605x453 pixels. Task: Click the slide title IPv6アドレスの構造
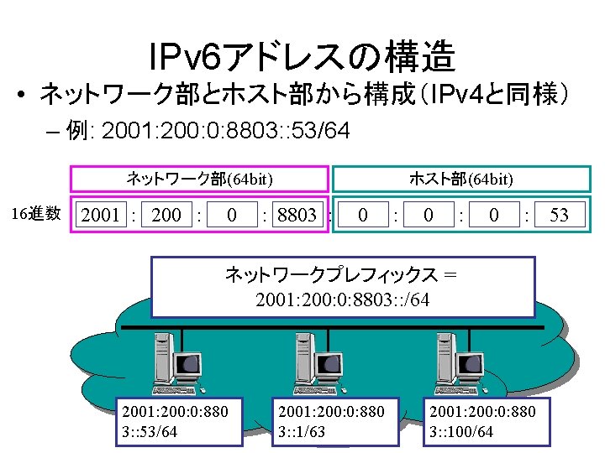click(302, 57)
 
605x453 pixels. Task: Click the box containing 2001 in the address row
click(100, 216)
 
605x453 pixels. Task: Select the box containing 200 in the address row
click(166, 216)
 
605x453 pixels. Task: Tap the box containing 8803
click(297, 216)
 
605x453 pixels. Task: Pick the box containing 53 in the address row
click(559, 216)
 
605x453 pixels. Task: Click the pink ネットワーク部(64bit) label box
click(199, 179)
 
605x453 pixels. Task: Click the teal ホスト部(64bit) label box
click(461, 179)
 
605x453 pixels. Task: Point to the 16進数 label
click(37, 214)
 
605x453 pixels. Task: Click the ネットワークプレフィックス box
click(343, 287)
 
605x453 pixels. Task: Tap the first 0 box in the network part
click(232, 216)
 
